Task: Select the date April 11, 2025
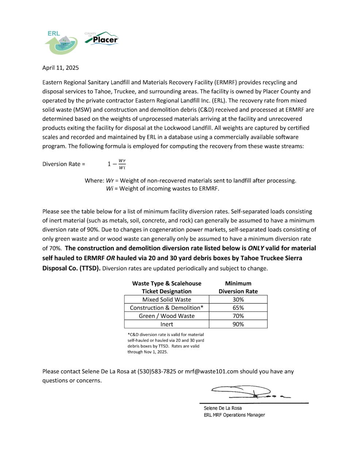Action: (x=60, y=67)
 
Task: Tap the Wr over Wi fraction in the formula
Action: (x=122, y=164)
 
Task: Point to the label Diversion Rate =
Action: (x=63, y=164)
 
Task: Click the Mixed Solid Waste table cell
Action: (x=167, y=300)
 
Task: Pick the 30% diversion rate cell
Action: (x=238, y=300)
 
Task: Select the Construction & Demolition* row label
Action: (x=167, y=308)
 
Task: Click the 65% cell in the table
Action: (x=238, y=308)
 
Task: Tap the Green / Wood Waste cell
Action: (x=167, y=316)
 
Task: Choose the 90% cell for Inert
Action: (x=238, y=324)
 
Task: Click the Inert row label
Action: (x=167, y=324)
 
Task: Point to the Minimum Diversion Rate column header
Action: (x=238, y=287)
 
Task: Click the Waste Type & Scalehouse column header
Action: (x=167, y=287)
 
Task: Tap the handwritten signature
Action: (x=248, y=392)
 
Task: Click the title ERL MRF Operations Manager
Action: (x=234, y=415)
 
